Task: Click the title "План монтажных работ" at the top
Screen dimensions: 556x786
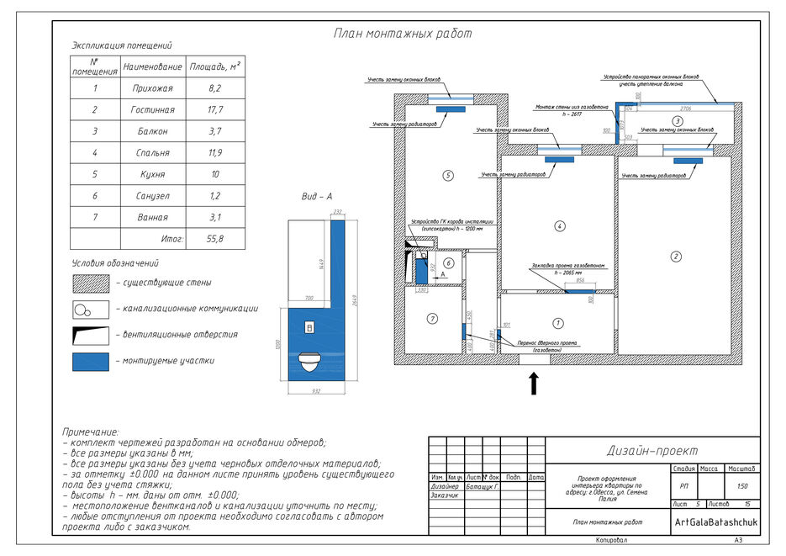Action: (403, 34)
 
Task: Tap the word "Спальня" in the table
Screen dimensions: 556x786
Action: (152, 153)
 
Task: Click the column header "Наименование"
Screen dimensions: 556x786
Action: (152, 66)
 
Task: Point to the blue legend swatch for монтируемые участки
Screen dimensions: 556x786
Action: (91, 362)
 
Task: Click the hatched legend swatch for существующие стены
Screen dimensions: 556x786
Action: (91, 283)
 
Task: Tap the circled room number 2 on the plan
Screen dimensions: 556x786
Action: (674, 257)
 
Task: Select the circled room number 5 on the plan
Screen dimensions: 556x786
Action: (448, 176)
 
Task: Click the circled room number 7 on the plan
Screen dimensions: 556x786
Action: (432, 318)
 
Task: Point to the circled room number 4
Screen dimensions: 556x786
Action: (559, 226)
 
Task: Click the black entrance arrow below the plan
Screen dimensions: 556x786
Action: (532, 383)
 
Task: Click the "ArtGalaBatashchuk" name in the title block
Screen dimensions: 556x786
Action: (716, 522)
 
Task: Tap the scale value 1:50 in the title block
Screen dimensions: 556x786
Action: (741, 486)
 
